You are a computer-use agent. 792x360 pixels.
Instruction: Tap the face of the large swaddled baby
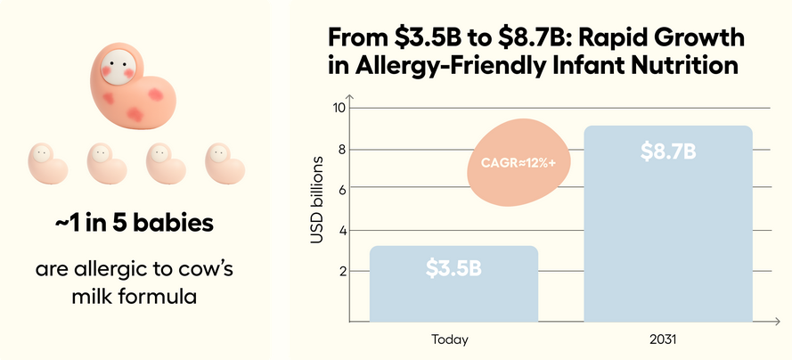click(x=117, y=65)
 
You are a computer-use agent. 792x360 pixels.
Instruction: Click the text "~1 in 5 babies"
click(x=134, y=223)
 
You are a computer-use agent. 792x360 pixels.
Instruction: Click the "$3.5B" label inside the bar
click(x=453, y=267)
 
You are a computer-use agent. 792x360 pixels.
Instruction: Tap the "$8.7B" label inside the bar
click(x=668, y=151)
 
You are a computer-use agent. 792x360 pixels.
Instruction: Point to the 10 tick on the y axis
click(x=338, y=109)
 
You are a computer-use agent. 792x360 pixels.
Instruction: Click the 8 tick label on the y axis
click(x=339, y=149)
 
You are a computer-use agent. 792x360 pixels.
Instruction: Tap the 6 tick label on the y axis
click(x=339, y=189)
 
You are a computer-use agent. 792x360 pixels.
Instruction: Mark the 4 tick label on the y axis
click(x=339, y=230)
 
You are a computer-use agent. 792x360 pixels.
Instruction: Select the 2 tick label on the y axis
click(x=339, y=271)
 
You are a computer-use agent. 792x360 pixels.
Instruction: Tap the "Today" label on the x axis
click(x=449, y=340)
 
